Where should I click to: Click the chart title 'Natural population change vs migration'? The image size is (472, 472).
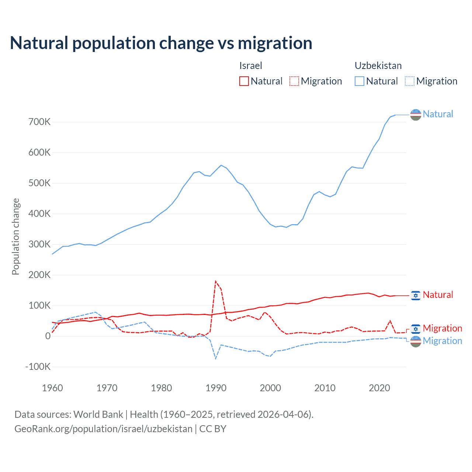point(161,43)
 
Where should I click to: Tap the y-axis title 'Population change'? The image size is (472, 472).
point(15,236)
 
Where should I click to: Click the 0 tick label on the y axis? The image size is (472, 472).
point(48,336)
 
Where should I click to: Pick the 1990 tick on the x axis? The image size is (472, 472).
point(216,388)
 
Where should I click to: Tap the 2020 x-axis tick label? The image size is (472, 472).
point(379,388)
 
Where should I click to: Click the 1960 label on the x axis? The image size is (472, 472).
point(52,388)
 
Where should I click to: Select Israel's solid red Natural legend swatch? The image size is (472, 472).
point(244,81)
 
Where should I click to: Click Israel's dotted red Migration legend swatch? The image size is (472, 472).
point(294,81)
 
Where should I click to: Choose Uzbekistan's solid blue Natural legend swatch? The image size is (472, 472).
point(360,81)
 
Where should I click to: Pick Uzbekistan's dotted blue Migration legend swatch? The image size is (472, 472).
point(410,81)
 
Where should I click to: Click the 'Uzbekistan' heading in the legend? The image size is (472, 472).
point(378,66)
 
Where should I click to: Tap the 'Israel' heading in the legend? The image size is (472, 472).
point(251,66)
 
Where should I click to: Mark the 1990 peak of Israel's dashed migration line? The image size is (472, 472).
point(216,281)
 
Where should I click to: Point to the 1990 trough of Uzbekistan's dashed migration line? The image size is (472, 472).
point(216,358)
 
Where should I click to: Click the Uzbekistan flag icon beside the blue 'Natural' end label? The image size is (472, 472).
point(416,115)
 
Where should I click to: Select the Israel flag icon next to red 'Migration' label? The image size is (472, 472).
point(416,329)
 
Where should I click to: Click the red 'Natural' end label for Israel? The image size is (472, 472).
point(438,295)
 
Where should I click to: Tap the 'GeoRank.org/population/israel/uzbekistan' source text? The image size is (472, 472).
point(103,429)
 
